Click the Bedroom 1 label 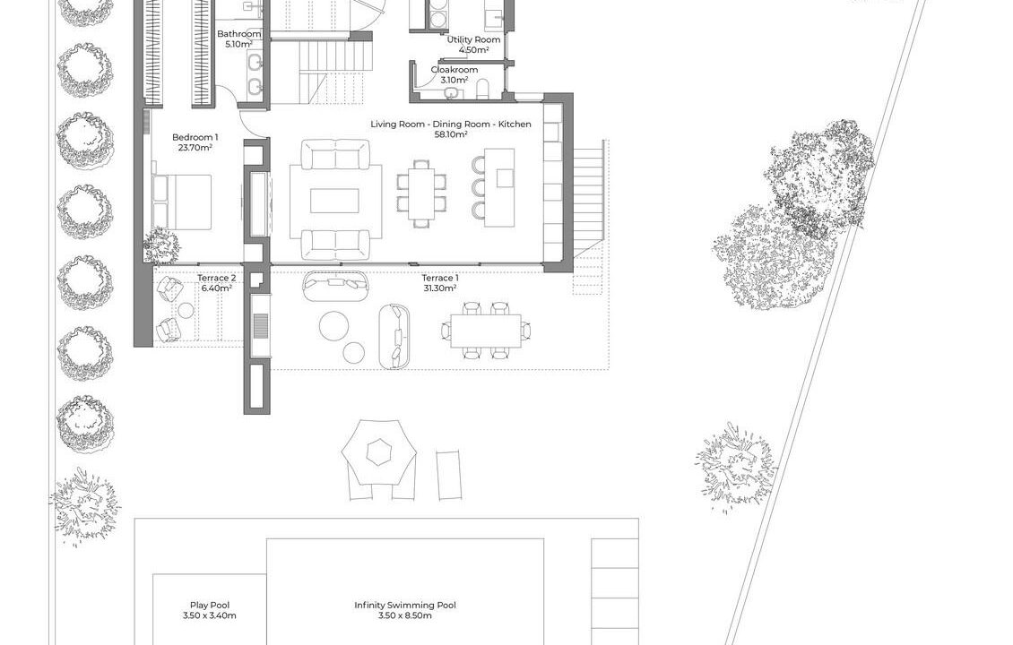pos(195,137)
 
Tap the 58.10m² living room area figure pos(452,134)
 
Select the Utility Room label pos(473,39)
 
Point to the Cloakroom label pos(455,70)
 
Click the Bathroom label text pos(239,34)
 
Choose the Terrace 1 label pos(440,279)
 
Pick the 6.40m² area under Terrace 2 pos(216,288)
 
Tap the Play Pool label pos(209,605)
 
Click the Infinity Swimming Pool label pos(405,605)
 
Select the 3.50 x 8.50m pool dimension pos(405,615)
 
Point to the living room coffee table pos(334,200)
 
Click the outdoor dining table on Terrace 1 pos(486,331)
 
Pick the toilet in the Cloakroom pos(482,90)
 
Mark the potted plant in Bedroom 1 pos(160,245)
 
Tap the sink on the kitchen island pos(505,177)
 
